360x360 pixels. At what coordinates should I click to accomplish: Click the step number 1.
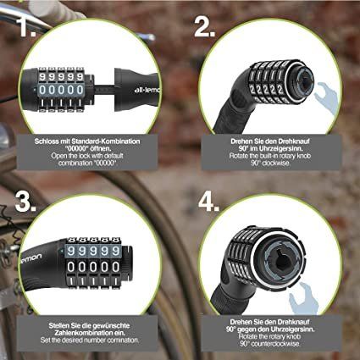click(27, 27)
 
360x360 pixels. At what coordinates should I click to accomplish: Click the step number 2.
click(205, 27)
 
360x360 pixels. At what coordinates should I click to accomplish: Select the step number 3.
click(25, 202)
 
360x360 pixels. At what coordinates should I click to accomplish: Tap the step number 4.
click(209, 202)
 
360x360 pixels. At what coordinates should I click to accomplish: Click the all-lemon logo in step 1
click(147, 90)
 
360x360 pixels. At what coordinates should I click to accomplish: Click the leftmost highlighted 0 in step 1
click(42, 90)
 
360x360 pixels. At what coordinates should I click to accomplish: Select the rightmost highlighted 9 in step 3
click(115, 251)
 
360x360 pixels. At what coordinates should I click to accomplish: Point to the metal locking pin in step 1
click(103, 88)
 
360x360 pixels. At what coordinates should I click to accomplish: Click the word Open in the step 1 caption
click(58, 156)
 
